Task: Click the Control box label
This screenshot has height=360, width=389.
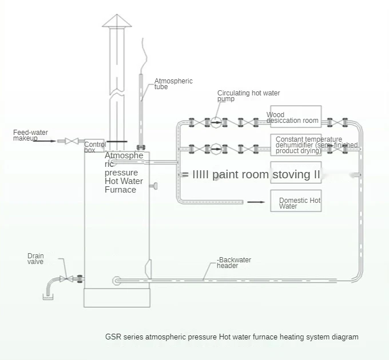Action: (94, 146)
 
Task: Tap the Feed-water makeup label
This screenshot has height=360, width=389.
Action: (30, 135)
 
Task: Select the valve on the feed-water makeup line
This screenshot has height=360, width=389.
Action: (71, 141)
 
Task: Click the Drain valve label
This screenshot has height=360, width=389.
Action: (35, 259)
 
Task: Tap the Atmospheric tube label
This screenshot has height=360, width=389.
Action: (173, 84)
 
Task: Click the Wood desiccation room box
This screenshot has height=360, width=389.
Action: (296, 118)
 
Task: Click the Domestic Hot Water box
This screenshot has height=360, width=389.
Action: (296, 201)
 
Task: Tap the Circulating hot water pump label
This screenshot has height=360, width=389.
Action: (248, 96)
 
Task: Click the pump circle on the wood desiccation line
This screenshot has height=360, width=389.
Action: (216, 122)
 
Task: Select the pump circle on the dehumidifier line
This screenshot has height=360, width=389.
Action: (216, 149)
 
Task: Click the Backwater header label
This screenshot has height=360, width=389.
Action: (234, 263)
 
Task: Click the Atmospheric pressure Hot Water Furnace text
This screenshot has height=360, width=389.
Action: (124, 173)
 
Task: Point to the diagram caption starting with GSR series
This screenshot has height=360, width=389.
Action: (232, 337)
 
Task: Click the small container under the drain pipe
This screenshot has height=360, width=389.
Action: (49, 297)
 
